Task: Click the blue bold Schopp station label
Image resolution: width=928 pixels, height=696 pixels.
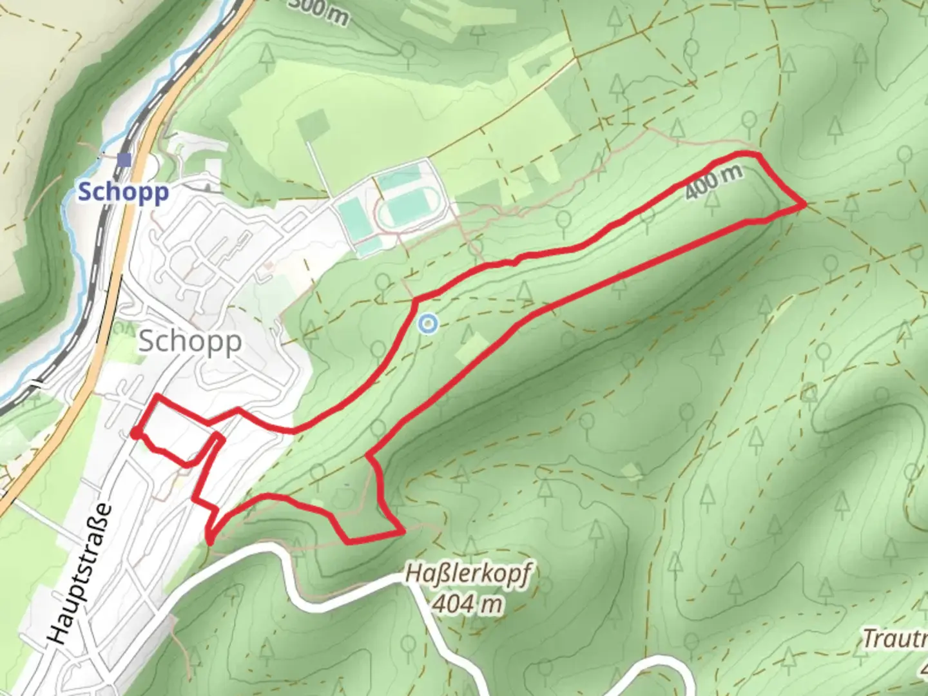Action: click(123, 191)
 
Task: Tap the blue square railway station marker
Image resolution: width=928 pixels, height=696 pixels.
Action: click(124, 160)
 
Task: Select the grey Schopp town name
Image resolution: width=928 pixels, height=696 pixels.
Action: click(190, 341)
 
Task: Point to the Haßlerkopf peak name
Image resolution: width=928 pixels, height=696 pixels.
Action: click(469, 574)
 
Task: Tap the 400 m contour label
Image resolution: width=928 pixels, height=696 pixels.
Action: click(713, 182)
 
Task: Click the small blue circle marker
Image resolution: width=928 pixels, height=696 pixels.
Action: click(427, 324)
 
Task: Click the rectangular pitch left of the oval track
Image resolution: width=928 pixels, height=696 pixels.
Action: click(352, 217)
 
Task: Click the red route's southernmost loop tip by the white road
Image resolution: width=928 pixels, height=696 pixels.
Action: click(209, 540)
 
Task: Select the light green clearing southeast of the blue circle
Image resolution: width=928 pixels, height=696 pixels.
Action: click(472, 348)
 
